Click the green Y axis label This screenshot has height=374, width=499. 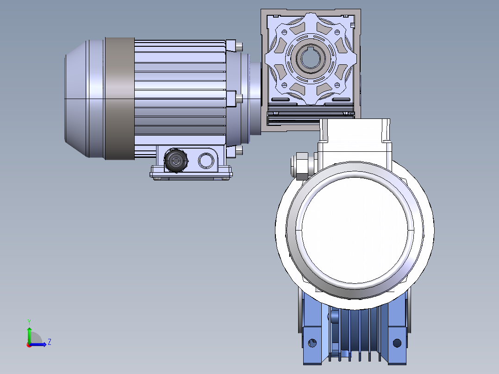[29, 322]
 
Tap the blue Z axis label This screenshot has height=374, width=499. [50, 342]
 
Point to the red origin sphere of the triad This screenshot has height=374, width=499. [29, 345]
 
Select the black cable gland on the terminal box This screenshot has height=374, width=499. [176, 160]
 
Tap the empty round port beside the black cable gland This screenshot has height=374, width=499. [206, 161]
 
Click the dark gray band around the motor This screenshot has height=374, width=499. [119, 98]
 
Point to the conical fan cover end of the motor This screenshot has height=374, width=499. [76, 99]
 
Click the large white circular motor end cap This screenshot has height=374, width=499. [355, 230]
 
